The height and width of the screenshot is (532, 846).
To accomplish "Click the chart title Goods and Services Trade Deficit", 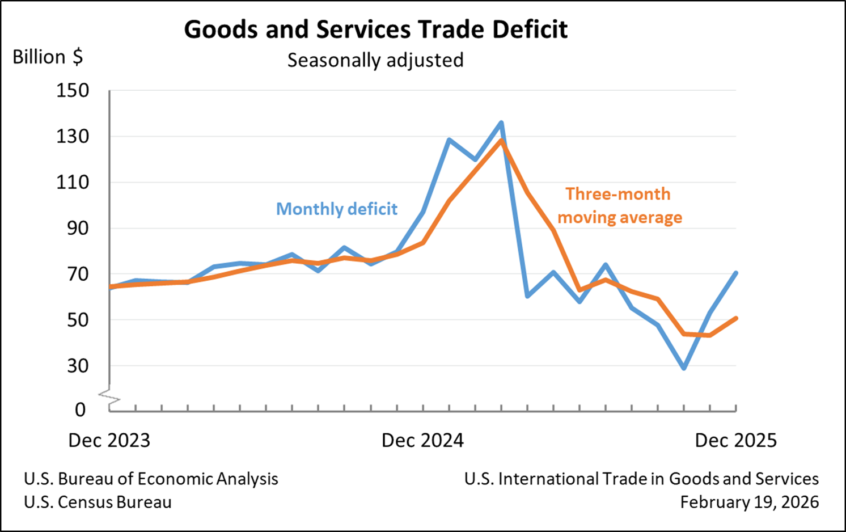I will pos(375,29).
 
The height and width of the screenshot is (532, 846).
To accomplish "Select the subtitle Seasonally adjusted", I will pos(375,60).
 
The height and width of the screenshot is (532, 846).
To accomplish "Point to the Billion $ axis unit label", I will pos(48,57).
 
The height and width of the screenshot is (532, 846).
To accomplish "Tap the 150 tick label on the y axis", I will pos(73,91).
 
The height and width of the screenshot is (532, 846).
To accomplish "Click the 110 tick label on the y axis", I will pos(73,183).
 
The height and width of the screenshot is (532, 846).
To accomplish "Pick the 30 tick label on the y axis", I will pos(78,366).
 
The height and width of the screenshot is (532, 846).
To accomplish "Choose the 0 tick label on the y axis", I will pos(80,409).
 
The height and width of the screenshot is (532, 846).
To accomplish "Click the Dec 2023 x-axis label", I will pos(109,441).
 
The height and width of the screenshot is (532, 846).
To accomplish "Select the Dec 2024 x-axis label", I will pos(422,441).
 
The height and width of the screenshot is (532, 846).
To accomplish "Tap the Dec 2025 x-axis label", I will pos(736,441).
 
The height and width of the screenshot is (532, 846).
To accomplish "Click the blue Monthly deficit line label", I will pos(337,209).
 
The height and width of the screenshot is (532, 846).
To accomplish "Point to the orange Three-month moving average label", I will pos(619,206).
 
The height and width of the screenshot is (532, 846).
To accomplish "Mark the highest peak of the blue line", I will pos(501,123).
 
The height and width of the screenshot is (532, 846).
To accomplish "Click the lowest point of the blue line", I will pos(684,368).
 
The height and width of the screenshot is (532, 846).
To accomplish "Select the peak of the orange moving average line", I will pos(501,140).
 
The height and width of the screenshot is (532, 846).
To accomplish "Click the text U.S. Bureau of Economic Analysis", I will pos(151,479).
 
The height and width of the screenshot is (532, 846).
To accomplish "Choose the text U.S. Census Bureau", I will pos(98,503).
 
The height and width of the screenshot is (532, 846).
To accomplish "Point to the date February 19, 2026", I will pos(750,503).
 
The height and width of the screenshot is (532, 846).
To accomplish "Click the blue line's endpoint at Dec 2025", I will pos(736,273).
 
